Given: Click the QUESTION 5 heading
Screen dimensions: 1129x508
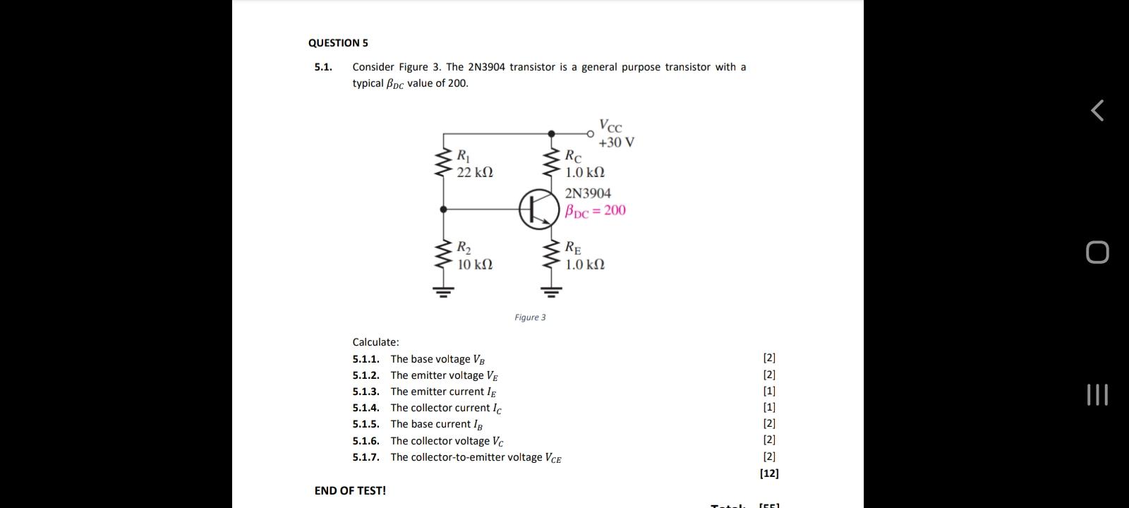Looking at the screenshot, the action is [338, 43].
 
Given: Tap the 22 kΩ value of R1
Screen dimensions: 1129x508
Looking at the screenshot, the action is [475, 172].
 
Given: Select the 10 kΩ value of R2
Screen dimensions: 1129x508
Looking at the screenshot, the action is [475, 265].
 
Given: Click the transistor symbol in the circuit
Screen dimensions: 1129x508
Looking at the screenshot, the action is [540, 210].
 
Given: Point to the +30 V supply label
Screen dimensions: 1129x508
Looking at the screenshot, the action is [616, 143].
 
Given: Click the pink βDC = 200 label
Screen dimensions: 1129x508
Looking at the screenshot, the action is [596, 210].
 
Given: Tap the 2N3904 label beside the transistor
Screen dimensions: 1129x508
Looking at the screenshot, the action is [588, 193].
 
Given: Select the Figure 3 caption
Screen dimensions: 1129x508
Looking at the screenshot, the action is [530, 317].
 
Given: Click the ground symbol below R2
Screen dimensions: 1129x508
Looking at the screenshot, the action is [444, 290].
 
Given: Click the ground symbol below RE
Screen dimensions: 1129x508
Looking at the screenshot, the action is [552, 290].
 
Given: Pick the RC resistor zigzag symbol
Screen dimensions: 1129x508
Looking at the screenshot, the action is [552, 163].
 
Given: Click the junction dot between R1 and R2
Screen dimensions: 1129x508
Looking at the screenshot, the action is [444, 210].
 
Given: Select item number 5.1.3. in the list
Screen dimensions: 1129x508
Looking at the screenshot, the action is [366, 392].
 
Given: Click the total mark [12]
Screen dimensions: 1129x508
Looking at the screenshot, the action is [769, 473].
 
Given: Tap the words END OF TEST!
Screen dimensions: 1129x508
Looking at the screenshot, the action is [350, 490].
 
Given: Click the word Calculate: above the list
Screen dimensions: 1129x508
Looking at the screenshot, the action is [375, 342].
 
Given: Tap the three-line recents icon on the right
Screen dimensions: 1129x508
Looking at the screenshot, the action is [1097, 395].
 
